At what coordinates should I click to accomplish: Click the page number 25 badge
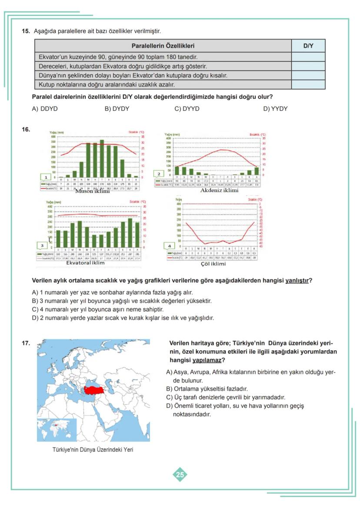point(180,475)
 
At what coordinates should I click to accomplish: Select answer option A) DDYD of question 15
point(45,109)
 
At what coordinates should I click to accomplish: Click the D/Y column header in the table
point(308,46)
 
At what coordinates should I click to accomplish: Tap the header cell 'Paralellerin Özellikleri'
point(163,46)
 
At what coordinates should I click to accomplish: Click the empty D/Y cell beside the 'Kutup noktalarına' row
point(308,84)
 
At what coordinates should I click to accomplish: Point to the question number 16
point(26,129)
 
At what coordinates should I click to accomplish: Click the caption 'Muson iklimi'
point(93,191)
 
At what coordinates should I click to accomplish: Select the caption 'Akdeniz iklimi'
point(219,190)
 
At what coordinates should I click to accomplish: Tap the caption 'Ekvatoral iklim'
point(85,263)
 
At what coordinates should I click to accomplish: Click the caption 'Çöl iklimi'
point(213,264)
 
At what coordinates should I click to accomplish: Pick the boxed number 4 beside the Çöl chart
point(170,246)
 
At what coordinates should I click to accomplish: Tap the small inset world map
point(57,429)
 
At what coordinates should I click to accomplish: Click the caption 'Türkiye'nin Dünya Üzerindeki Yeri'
point(93,450)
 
